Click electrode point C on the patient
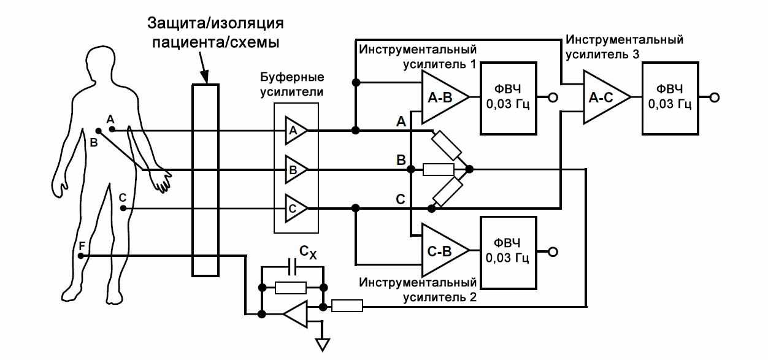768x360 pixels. [123, 209]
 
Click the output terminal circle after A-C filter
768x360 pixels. [713, 98]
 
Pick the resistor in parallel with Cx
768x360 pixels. [291, 287]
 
